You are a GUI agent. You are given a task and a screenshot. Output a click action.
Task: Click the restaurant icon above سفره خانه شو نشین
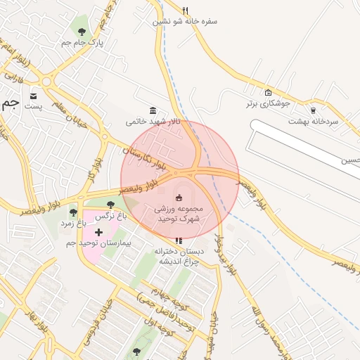(x=186, y=10)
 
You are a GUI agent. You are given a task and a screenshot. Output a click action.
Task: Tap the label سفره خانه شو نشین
(x=186, y=21)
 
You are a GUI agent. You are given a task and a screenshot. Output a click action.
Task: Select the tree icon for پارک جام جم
(x=82, y=32)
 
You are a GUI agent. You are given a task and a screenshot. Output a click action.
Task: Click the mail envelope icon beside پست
(x=34, y=95)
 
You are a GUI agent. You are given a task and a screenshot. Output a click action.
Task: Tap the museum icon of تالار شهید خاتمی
(x=153, y=110)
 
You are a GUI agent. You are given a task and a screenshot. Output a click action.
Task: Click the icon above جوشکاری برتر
(x=267, y=92)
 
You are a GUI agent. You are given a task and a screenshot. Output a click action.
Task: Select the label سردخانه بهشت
(x=313, y=121)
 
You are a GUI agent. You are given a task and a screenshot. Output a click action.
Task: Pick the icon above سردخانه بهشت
(x=313, y=110)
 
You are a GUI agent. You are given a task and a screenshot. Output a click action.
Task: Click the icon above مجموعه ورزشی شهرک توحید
(x=179, y=197)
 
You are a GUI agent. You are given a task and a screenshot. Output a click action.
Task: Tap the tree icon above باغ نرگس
(x=110, y=205)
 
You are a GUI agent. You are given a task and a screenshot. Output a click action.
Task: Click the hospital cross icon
(x=98, y=231)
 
